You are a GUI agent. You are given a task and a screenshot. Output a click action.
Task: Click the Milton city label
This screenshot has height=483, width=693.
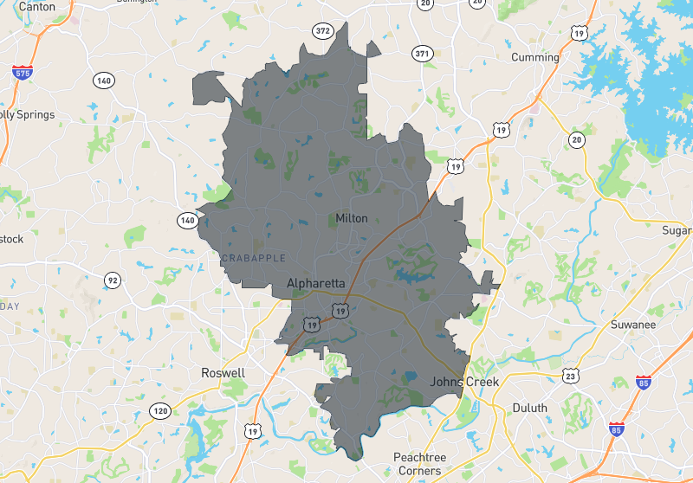point(351,218)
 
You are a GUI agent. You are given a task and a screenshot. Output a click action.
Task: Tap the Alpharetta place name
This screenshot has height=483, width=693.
point(316,284)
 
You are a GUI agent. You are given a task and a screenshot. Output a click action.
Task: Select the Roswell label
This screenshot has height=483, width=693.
point(223,373)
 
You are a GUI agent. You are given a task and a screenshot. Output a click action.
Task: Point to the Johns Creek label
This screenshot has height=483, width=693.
point(465,382)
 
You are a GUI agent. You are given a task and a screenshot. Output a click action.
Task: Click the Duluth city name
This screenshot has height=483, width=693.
point(529,408)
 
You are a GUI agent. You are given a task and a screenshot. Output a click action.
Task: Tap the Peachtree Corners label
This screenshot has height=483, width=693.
point(418,463)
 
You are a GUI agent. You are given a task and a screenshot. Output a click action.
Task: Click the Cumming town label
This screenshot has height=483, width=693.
point(535,57)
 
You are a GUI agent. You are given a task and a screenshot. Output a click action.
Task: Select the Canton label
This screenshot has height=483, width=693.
point(36,6)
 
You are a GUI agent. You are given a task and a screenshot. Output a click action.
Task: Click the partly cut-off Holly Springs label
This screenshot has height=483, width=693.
point(28,114)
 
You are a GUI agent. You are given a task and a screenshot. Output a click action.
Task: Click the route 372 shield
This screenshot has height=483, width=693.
point(323,31)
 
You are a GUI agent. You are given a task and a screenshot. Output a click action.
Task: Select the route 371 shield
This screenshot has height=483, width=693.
point(423,54)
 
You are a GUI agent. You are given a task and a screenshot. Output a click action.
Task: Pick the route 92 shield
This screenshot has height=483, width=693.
point(112,280)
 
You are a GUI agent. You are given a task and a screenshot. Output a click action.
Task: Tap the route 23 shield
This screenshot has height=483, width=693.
point(569,375)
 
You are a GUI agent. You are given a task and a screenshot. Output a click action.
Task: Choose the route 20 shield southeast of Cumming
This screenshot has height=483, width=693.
point(577,139)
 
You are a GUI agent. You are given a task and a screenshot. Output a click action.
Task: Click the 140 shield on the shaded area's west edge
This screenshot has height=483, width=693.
point(186,220)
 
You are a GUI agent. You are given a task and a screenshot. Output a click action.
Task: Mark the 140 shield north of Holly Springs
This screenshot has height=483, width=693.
point(104,80)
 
